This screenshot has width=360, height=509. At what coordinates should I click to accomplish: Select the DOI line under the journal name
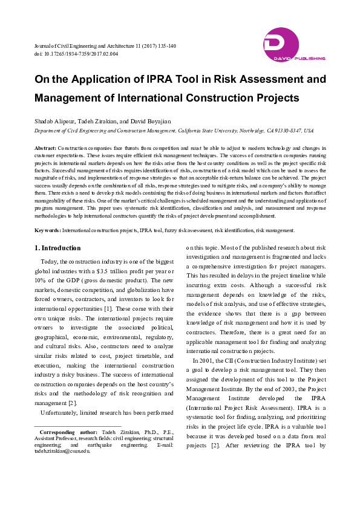pos(76,54)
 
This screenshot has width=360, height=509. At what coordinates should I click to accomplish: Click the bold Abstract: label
pos(45,148)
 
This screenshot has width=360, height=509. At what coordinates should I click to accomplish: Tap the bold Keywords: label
pos(47,230)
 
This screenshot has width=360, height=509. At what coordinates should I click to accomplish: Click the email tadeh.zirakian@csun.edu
pos(63,451)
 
